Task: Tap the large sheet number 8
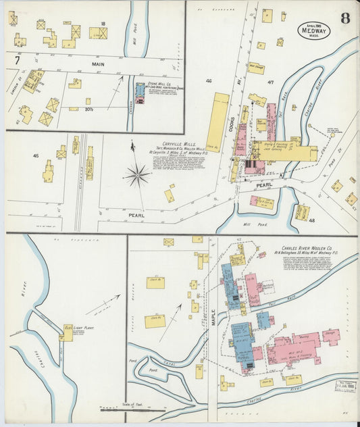[345, 18]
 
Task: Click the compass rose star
[137, 176]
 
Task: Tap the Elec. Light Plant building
[68, 332]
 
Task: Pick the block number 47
[269, 82]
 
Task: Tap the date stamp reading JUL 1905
[345, 387]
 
